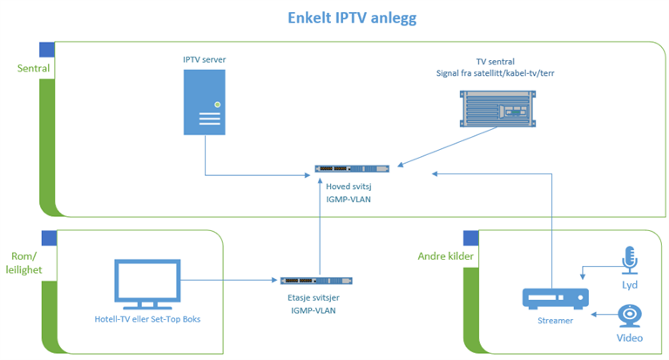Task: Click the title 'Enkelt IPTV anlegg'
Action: [352, 18]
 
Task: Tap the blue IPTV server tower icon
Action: [205, 103]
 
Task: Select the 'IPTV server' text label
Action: [205, 60]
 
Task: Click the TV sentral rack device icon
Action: [497, 108]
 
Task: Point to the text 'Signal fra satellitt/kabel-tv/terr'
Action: [496, 73]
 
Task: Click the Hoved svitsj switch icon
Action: [352, 169]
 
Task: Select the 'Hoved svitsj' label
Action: [348, 187]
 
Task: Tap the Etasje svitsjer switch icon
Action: [316, 281]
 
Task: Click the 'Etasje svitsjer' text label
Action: [314, 297]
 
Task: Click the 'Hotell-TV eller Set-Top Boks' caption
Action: [147, 319]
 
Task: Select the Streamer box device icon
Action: [556, 298]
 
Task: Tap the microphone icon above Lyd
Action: [630, 260]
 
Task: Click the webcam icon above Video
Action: [630, 316]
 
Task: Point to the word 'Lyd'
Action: [630, 285]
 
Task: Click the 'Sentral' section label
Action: [33, 68]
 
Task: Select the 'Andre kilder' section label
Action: [445, 256]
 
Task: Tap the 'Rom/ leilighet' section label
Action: [24, 263]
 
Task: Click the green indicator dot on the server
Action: [218, 105]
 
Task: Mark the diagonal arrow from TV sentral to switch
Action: [448, 146]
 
